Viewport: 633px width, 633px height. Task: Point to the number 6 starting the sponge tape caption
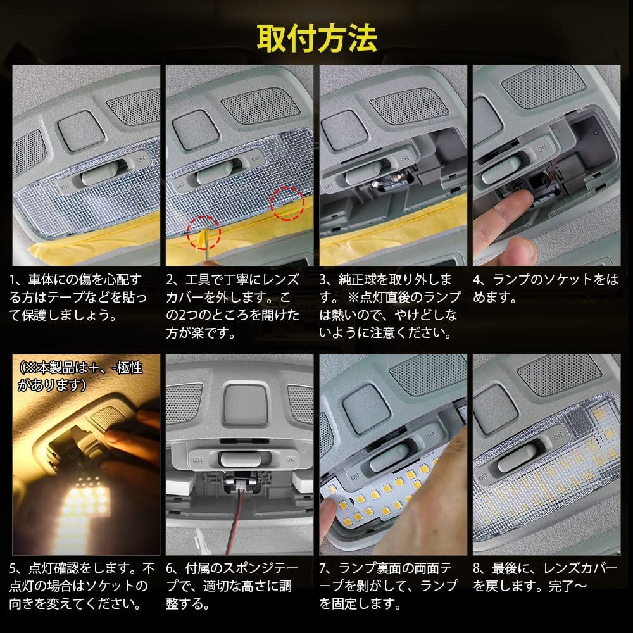[170, 568]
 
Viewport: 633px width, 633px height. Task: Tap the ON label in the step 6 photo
[291, 460]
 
